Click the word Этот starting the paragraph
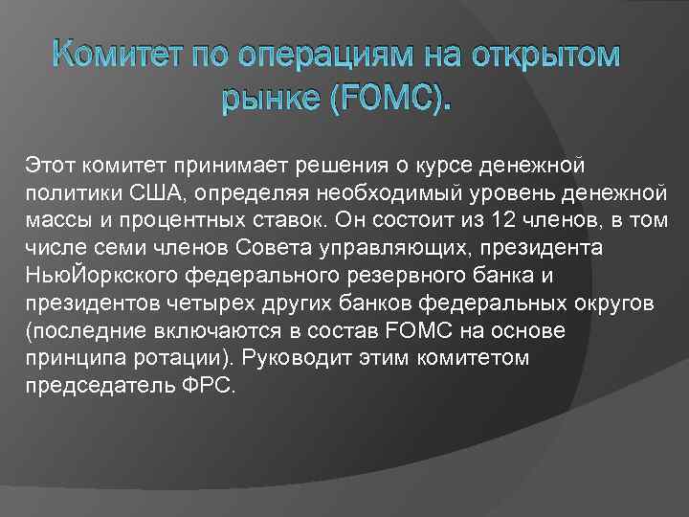coord(49,169)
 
